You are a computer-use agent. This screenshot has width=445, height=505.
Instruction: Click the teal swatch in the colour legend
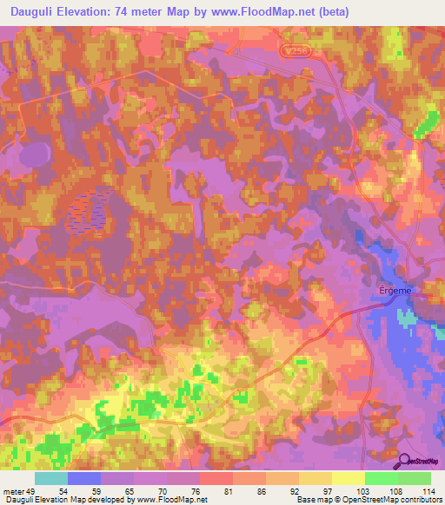pyautogui.click(x=51, y=478)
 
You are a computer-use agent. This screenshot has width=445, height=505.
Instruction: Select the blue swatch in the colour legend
pyautogui.click(x=84, y=478)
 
